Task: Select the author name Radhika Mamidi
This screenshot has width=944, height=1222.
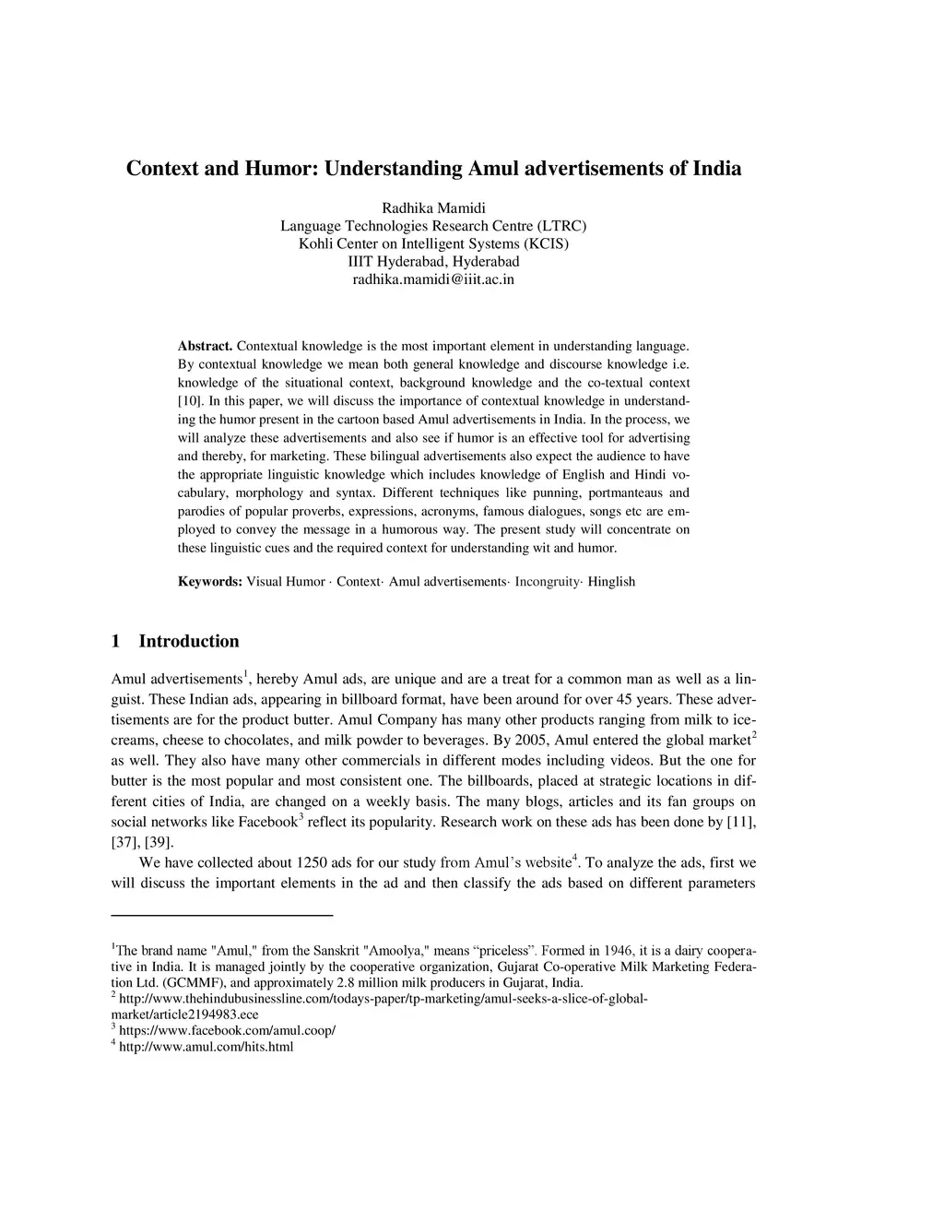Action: tap(433, 208)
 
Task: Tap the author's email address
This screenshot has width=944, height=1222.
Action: tap(433, 279)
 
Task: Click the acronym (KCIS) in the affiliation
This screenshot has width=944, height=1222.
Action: tap(546, 243)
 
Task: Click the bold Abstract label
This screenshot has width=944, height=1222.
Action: tap(205, 346)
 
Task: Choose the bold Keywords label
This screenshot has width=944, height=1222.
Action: tap(210, 582)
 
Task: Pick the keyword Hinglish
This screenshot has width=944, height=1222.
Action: tap(611, 582)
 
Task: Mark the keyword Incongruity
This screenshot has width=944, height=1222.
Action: tap(547, 582)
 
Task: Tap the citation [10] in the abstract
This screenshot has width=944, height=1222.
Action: tap(190, 401)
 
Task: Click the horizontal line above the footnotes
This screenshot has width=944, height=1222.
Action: tap(221, 915)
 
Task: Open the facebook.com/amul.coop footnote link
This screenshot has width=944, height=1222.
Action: tap(227, 1030)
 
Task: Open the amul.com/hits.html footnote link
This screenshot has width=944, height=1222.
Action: tap(206, 1047)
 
